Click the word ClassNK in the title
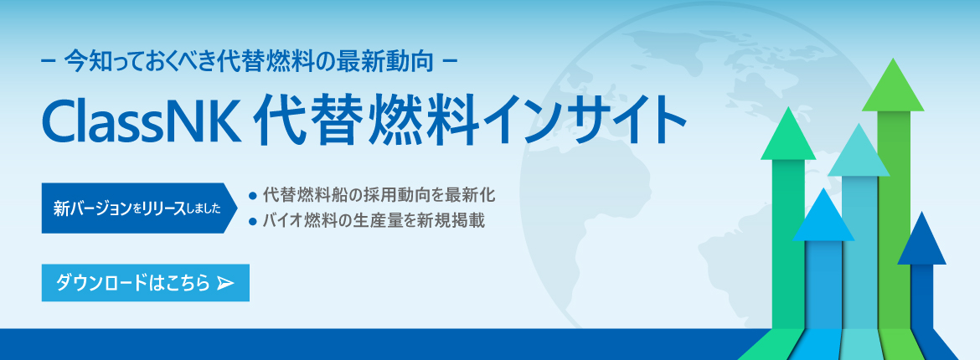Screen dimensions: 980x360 coord(142,121)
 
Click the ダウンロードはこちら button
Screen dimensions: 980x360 coord(146,283)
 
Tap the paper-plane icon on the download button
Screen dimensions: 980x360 coord(225,284)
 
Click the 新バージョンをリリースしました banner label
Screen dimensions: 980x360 coord(139,208)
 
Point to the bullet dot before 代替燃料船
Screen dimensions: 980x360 coord(252,196)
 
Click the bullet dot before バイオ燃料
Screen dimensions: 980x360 coord(252,221)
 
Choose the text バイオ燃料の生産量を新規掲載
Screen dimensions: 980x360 coord(374,221)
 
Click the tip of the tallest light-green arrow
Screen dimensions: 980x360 coord(894,59)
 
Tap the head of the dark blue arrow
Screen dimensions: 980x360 coord(921,238)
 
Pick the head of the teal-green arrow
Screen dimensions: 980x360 coord(788,133)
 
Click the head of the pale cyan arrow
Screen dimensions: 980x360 coord(859,150)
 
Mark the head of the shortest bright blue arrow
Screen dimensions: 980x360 coord(823,214)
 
